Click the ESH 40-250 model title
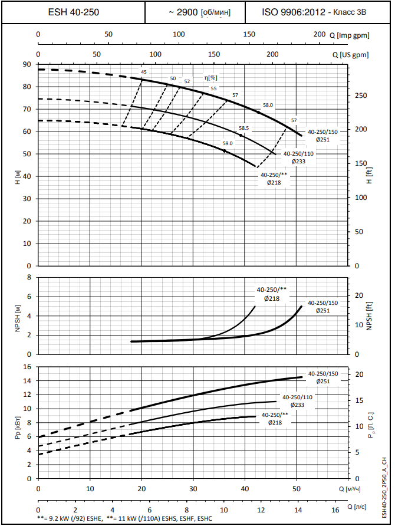(x=73, y=12)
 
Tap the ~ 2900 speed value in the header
(x=183, y=12)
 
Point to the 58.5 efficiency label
(x=244, y=128)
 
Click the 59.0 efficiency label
(x=228, y=143)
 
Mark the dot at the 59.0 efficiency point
(x=225, y=151)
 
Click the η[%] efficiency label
(x=210, y=77)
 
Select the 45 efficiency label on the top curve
(x=144, y=72)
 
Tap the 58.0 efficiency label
(x=268, y=105)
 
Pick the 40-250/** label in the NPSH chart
(x=271, y=290)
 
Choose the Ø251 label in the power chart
(x=322, y=382)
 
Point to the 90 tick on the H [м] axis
(x=27, y=64)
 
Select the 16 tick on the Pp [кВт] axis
(x=27, y=367)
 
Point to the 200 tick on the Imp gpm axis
(x=319, y=34)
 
